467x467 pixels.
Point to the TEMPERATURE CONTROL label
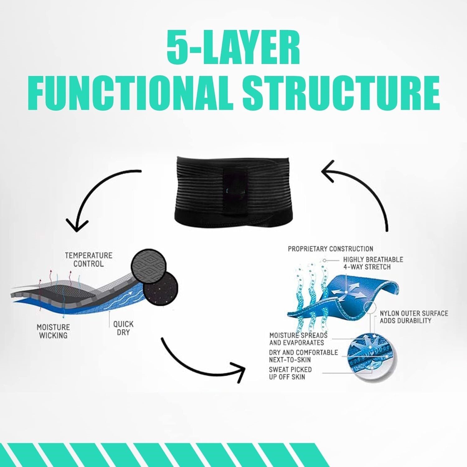(x=88, y=260)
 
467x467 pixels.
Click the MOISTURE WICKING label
(x=53, y=331)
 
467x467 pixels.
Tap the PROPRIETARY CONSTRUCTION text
(x=330, y=249)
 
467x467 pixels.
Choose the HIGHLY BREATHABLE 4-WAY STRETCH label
(x=373, y=263)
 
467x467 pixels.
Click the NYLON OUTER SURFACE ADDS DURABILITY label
(x=414, y=317)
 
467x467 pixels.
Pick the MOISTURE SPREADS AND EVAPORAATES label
(x=298, y=339)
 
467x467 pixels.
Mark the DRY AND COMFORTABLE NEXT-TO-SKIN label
(x=303, y=356)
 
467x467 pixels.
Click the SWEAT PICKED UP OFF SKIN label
(x=290, y=373)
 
